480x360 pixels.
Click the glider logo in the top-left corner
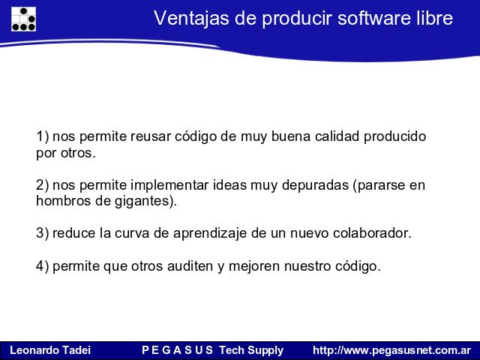pos(23,19)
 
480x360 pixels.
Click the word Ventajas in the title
pos(191,18)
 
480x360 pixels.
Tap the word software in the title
pos(373,18)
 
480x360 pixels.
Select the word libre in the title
pos(434,18)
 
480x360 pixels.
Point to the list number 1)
pos(42,136)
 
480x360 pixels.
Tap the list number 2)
pos(42,185)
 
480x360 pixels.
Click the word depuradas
pos(315,185)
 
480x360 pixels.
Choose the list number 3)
pos(42,233)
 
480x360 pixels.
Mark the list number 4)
pos(42,266)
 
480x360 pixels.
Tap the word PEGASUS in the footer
pos(177,350)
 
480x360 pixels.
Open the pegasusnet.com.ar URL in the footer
pos(391,350)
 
